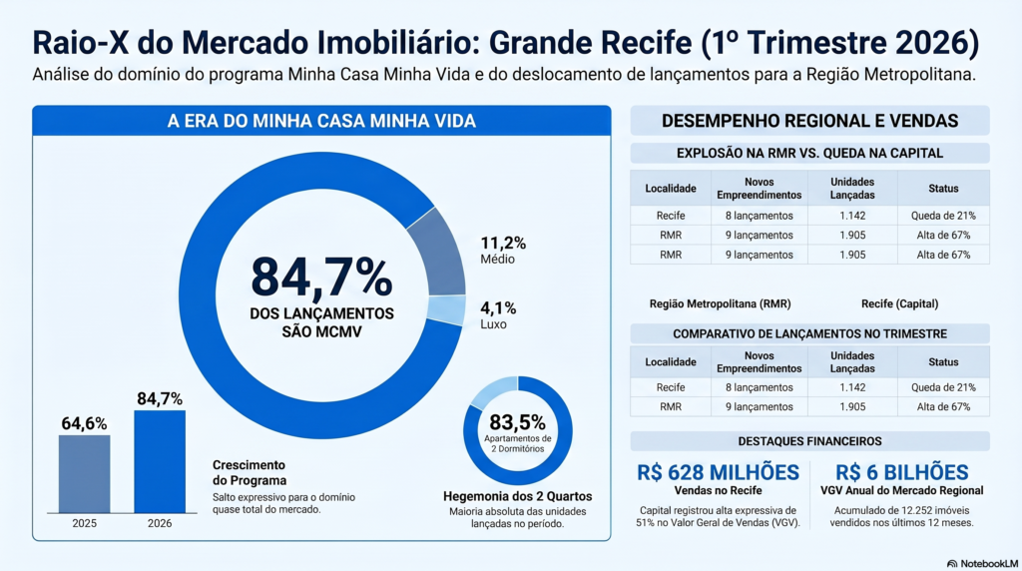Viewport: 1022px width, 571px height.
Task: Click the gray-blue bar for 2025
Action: (84, 474)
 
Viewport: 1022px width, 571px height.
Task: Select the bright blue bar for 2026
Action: (160, 461)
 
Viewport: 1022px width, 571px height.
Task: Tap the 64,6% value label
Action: (84, 423)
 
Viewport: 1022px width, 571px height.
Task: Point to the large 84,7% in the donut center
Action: (321, 278)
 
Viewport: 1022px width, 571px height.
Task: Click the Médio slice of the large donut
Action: (439, 252)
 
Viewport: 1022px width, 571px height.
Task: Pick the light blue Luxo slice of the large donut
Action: (447, 310)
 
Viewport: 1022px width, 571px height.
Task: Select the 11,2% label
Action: (503, 244)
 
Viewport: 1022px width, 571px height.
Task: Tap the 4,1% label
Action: (498, 307)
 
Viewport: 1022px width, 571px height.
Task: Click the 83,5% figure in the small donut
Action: (518, 422)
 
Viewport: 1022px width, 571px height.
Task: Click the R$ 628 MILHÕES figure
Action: (719, 472)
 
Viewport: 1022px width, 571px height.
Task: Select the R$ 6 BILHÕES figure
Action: (902, 472)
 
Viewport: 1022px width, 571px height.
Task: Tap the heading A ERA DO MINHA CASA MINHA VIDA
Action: (321, 121)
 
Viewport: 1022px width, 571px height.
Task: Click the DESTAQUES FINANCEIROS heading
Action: (809, 441)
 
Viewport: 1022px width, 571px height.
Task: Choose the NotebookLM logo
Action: (982, 563)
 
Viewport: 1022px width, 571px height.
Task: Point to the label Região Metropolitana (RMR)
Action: (721, 303)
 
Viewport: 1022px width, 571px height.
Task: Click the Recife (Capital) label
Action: (900, 303)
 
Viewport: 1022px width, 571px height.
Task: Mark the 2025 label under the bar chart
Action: (84, 523)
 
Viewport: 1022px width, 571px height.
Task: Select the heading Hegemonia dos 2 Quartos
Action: (518, 497)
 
